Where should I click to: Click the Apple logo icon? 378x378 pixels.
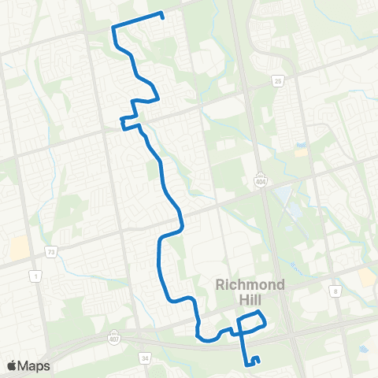(12, 366)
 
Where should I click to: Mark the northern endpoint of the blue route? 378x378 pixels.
(161, 14)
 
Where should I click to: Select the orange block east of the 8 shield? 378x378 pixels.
(366, 276)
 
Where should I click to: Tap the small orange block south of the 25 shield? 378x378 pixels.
(301, 150)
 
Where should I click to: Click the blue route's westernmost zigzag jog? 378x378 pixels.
(124, 120)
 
